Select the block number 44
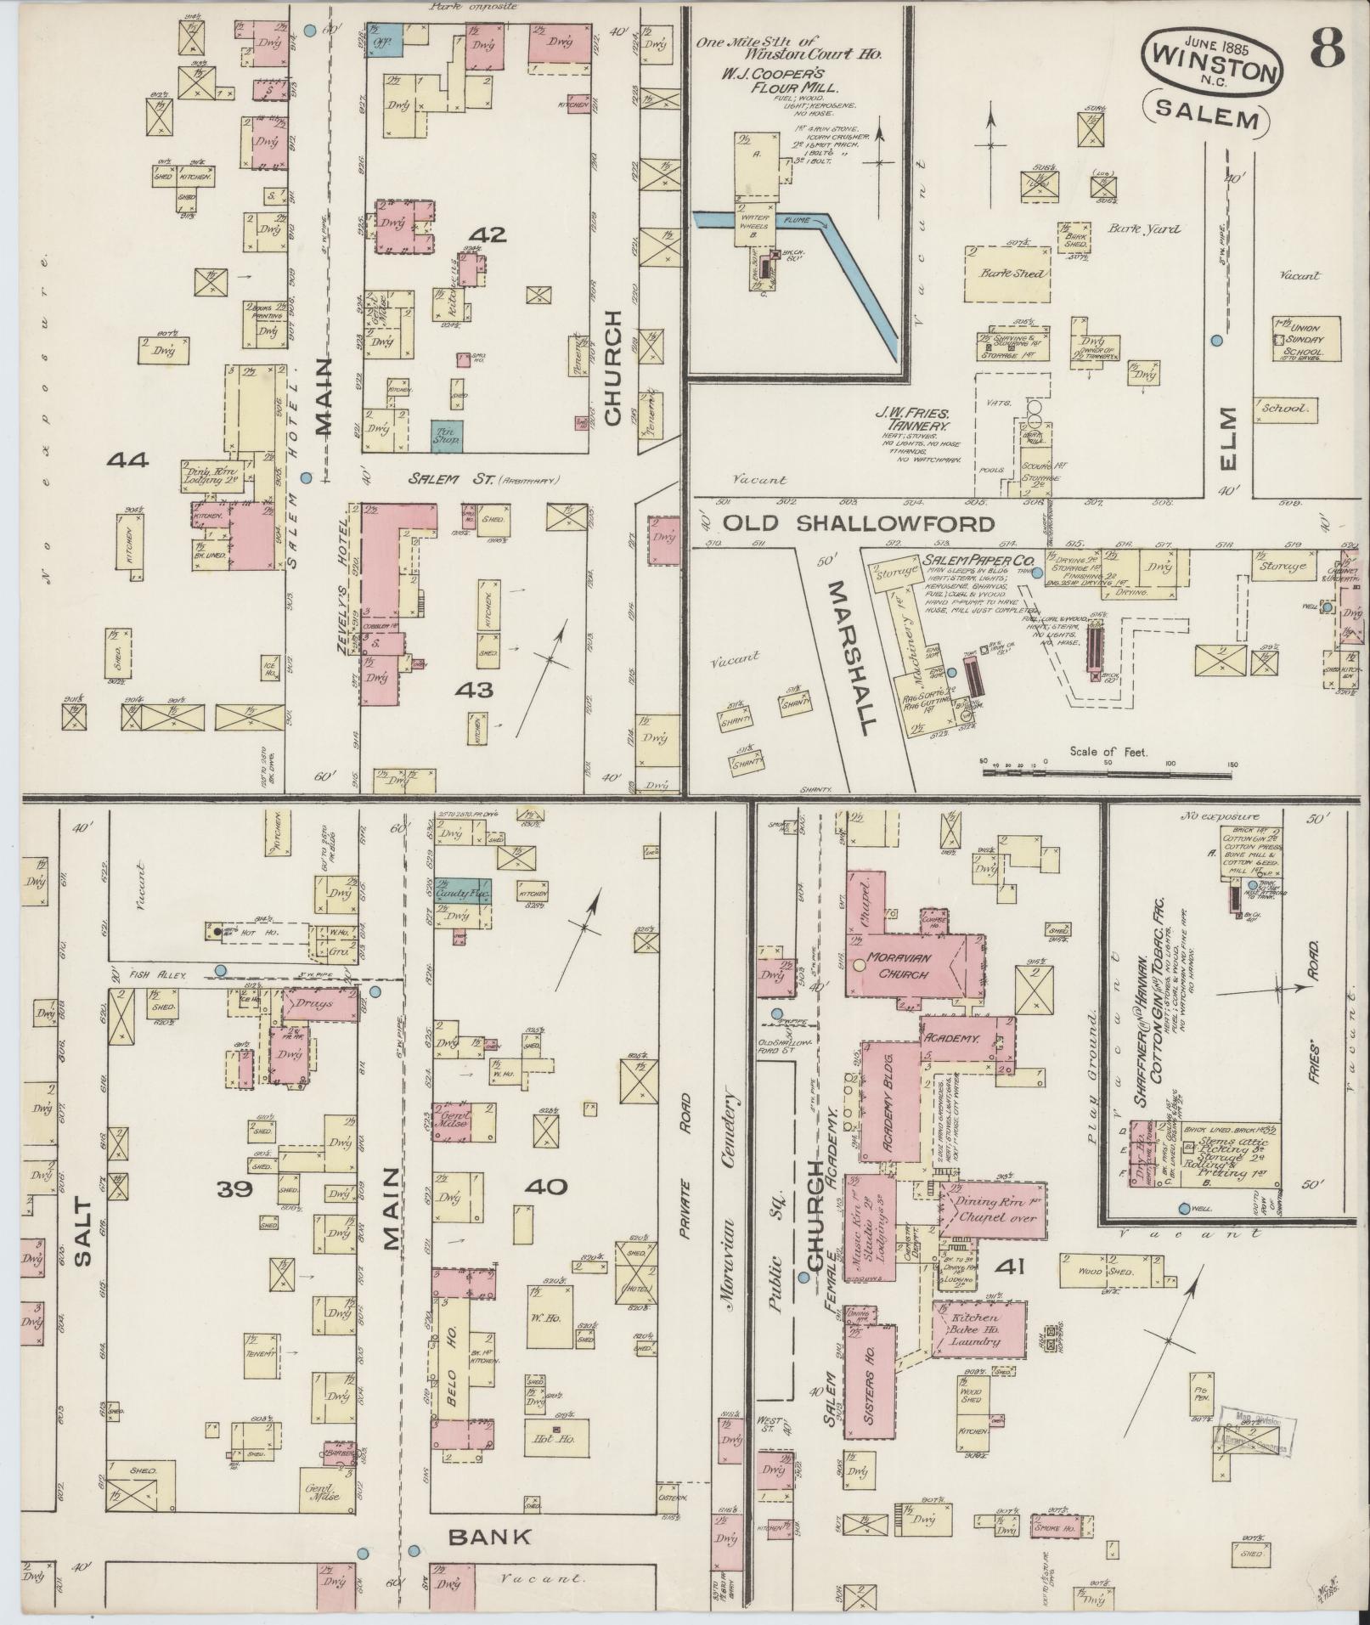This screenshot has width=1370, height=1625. [127, 460]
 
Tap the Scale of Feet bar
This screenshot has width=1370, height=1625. [1108, 772]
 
